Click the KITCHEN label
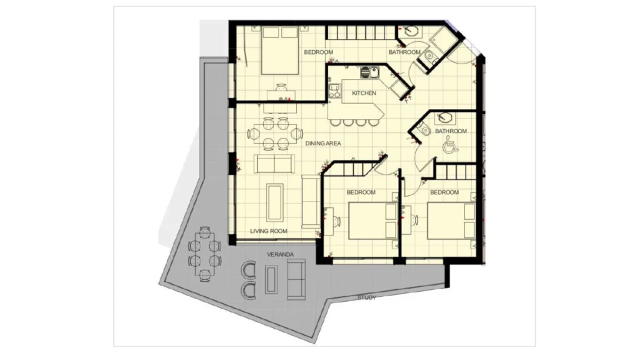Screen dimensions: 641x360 click(x=364, y=93)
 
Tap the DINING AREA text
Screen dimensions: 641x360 click(x=323, y=143)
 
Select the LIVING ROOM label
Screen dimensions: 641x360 click(x=269, y=231)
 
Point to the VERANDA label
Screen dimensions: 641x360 click(x=280, y=254)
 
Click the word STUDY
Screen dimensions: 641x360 click(x=367, y=298)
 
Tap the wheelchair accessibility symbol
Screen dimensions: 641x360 click(x=450, y=145)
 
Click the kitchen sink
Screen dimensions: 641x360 click(x=370, y=73)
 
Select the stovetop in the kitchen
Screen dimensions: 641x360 click(x=335, y=91)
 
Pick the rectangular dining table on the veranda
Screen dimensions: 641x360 click(x=205, y=254)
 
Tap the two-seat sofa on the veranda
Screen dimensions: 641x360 click(x=296, y=279)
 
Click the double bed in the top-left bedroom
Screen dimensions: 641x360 click(x=280, y=50)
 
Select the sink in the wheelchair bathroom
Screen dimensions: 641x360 click(x=444, y=118)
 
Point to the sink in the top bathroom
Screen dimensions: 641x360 click(x=408, y=31)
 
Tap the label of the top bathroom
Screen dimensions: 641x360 click(x=404, y=53)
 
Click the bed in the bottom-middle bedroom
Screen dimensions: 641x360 click(x=372, y=221)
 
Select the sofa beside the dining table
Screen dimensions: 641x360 click(x=274, y=163)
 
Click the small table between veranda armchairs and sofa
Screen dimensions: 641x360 click(x=271, y=279)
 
